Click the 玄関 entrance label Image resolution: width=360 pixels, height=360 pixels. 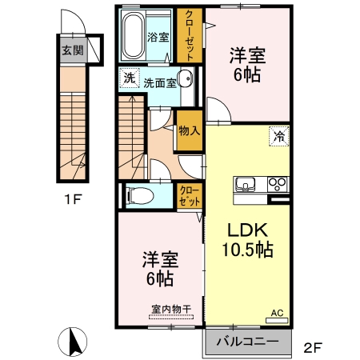(x=73, y=50)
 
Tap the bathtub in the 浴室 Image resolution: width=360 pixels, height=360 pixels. (x=133, y=35)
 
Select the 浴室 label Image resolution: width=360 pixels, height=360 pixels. (x=158, y=37)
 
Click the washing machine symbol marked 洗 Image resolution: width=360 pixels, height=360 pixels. (x=130, y=78)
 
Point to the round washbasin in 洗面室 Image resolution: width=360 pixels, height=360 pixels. (x=186, y=78)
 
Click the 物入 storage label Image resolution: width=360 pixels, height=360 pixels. (x=190, y=130)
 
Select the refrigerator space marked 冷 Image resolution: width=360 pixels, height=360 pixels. (x=279, y=137)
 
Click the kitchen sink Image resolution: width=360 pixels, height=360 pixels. (x=245, y=184)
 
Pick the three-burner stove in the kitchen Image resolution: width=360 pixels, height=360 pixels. (x=278, y=184)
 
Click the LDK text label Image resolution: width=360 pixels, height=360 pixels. (x=247, y=230)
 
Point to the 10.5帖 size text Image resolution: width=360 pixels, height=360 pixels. (x=248, y=250)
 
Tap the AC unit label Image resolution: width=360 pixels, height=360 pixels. (x=277, y=313)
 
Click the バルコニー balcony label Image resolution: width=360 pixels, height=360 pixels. (x=247, y=341)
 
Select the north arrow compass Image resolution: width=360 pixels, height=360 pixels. (x=73, y=342)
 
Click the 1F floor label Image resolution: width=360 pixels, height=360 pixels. (x=73, y=199)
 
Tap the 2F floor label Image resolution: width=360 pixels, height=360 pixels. (x=313, y=347)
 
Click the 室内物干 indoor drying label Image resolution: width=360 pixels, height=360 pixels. (x=171, y=310)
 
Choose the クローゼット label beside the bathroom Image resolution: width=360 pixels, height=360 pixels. (x=190, y=35)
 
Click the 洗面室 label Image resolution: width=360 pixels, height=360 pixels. (x=160, y=83)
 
